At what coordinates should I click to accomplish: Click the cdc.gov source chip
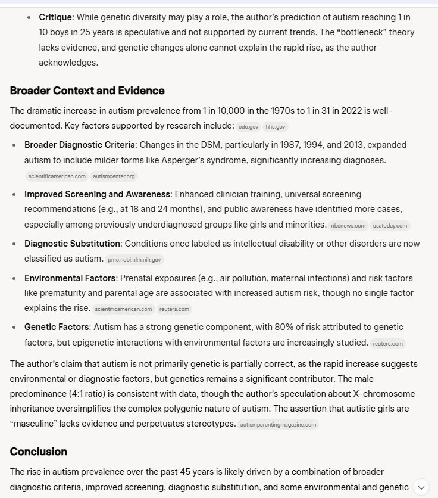click(248, 127)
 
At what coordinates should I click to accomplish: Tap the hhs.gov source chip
click(276, 127)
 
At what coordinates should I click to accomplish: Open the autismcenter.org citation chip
click(114, 176)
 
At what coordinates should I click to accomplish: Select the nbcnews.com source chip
click(348, 226)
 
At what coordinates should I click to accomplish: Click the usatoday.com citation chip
click(390, 226)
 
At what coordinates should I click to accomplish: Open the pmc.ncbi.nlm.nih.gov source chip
click(134, 260)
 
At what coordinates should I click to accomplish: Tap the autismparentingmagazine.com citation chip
click(278, 425)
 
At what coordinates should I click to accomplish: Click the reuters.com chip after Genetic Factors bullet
click(388, 344)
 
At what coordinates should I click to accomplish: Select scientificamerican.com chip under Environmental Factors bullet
click(123, 309)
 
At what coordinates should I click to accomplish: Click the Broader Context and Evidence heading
click(87, 91)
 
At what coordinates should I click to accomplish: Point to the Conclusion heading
click(38, 451)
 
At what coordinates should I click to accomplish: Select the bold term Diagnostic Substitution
click(72, 244)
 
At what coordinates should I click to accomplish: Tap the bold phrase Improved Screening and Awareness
click(97, 194)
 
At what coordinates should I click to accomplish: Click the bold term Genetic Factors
click(57, 327)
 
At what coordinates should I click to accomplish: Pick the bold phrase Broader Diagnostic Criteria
click(80, 145)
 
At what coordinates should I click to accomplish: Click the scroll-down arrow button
click(420, 487)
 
